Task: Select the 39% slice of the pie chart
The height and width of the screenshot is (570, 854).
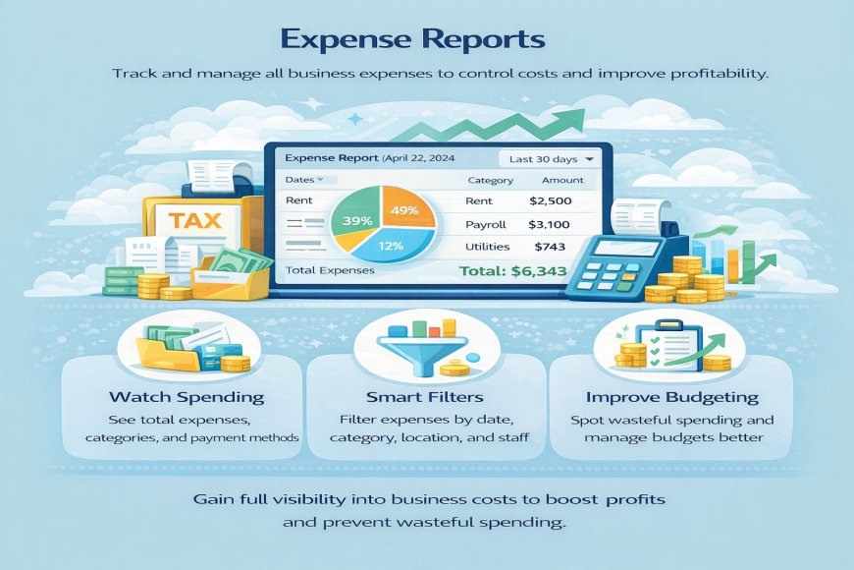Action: (356, 220)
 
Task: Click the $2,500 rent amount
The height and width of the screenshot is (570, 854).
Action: (549, 201)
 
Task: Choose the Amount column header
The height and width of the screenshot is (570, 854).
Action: (562, 181)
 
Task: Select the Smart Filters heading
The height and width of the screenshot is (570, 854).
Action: (426, 398)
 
